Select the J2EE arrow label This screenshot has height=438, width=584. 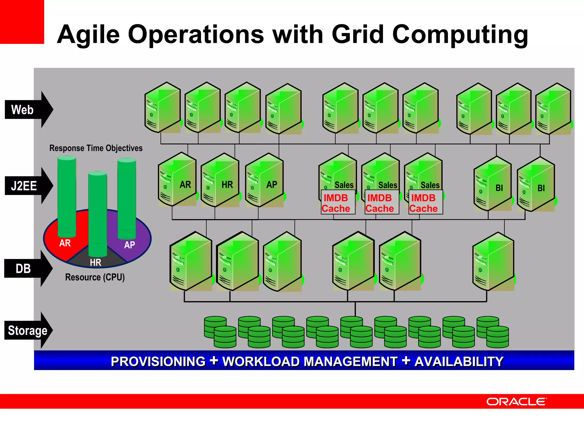24,186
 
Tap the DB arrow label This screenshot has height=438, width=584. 23,269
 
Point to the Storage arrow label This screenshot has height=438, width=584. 28,330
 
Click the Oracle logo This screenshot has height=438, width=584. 516,401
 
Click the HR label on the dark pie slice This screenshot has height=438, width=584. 96,262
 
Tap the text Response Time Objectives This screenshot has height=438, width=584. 96,148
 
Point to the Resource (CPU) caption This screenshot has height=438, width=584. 95,277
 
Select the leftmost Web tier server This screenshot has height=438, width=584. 163,108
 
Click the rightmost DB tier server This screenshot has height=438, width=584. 493,262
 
